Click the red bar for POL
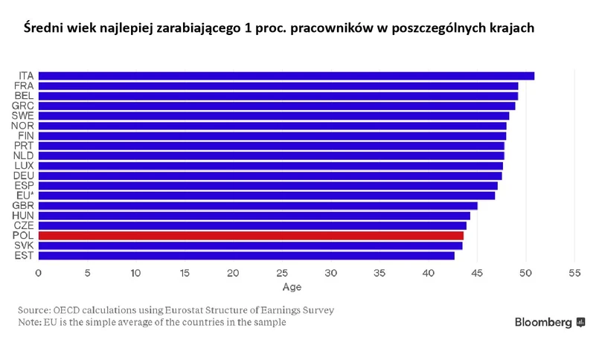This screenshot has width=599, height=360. click(251, 235)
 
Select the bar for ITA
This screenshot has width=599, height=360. click(286, 76)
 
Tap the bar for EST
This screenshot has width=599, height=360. click(246, 255)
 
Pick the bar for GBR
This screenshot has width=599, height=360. click(257, 205)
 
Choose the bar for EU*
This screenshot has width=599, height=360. click(266, 195)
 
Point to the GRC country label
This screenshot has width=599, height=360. click(23, 106)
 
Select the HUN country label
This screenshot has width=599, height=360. click(23, 216)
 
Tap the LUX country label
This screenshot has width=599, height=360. click(24, 165)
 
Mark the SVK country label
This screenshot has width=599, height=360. click(24, 245)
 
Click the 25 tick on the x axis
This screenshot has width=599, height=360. click(282, 273)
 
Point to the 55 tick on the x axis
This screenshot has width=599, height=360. click(574, 273)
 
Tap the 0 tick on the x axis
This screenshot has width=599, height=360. click(39, 273)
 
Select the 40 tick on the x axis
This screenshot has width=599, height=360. click(428, 273)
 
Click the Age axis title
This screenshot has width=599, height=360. click(292, 287)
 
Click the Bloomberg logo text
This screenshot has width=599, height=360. click(543, 323)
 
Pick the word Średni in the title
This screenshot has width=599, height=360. click(42, 28)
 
